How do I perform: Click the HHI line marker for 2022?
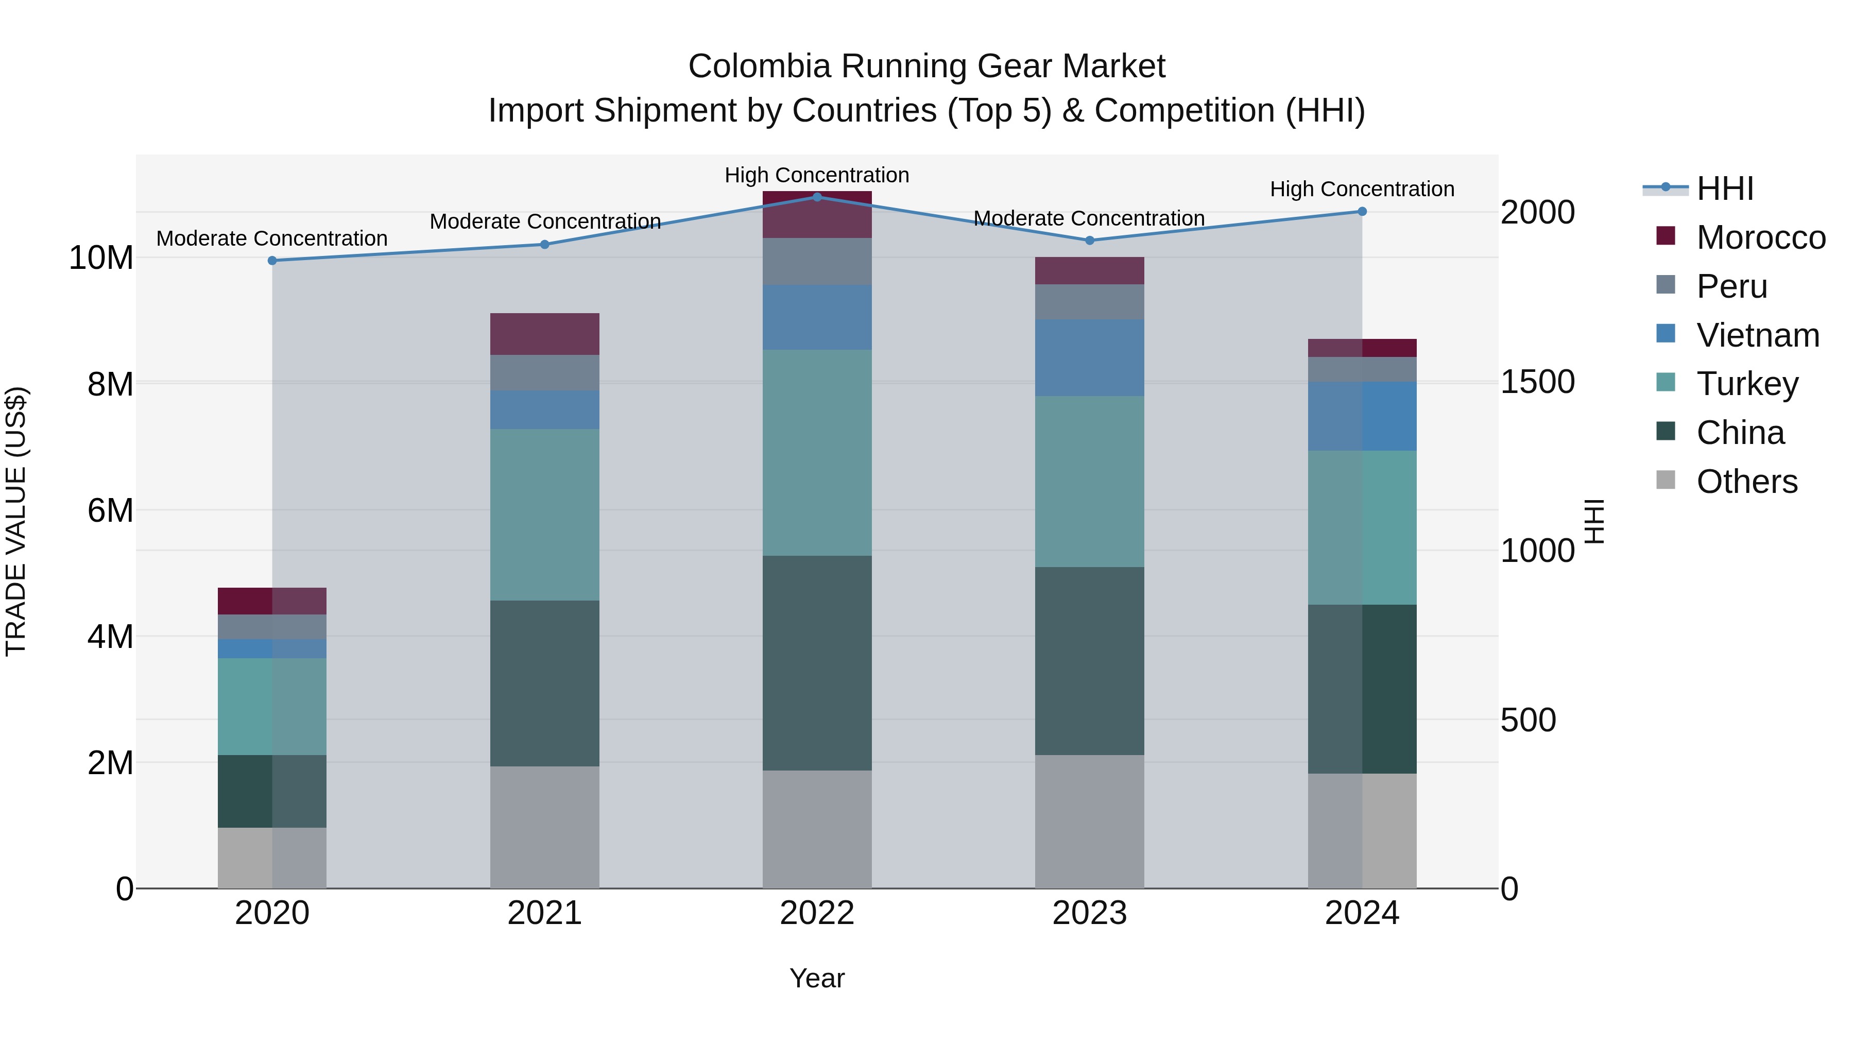coord(817,197)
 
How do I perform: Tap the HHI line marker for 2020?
coord(272,261)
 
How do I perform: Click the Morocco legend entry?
coord(1760,237)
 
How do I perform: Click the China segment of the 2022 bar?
coord(817,662)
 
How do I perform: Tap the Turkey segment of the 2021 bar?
coord(545,515)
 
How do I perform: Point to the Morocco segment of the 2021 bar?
coord(545,334)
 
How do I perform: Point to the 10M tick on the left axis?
coord(101,258)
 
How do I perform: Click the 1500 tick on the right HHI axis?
coord(1537,382)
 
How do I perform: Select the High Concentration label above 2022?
coord(817,175)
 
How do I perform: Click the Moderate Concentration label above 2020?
coord(272,238)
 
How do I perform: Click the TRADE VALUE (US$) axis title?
coord(16,521)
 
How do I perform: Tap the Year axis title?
coord(817,978)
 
